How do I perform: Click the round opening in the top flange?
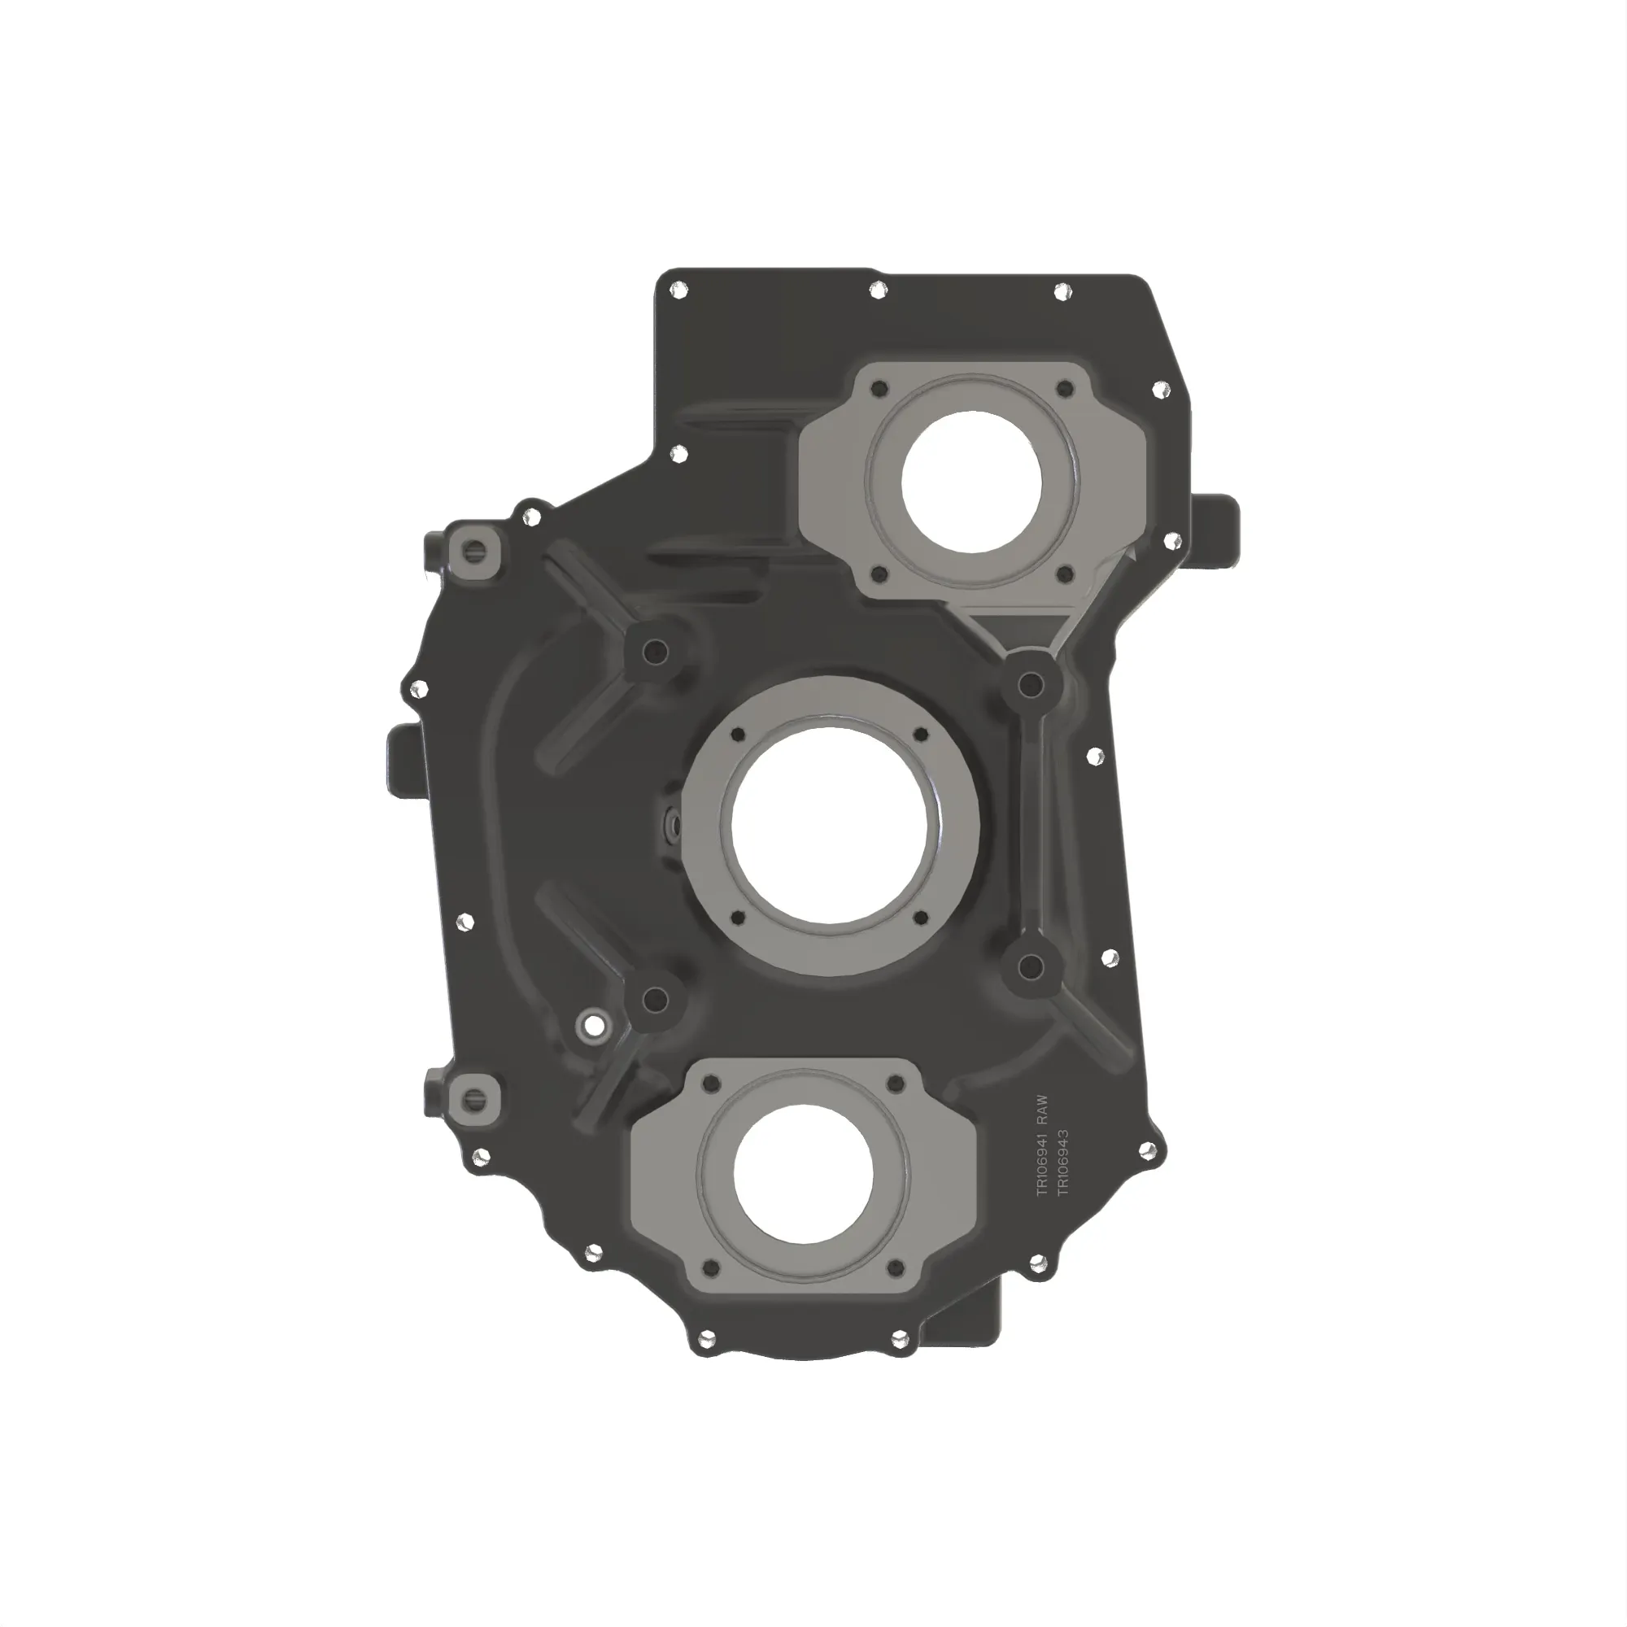tap(971, 482)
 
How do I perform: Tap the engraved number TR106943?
tap(1062, 1162)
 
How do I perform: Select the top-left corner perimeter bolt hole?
tap(674, 291)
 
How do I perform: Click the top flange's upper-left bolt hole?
tap(880, 390)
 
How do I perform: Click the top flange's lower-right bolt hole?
tap(1064, 575)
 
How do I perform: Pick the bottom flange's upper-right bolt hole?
tap(896, 1084)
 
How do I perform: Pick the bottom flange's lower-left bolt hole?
tap(711, 1268)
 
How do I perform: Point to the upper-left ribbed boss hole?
tap(654, 650)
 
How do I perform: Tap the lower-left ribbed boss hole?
tap(654, 1000)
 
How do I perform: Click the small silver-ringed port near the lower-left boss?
tap(594, 1027)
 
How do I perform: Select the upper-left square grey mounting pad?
tap(476, 552)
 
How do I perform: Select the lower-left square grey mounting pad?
tap(476, 1097)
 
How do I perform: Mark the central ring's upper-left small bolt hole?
tap(739, 735)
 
